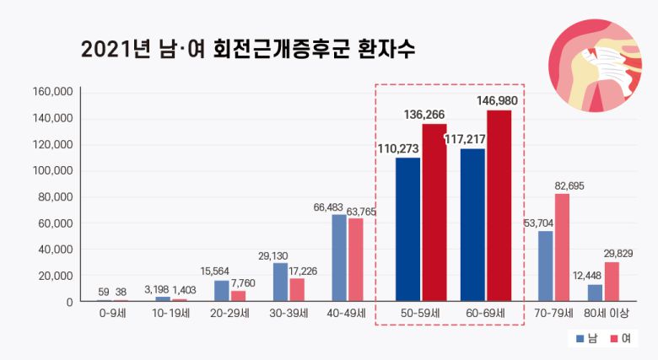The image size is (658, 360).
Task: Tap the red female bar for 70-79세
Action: [562, 248]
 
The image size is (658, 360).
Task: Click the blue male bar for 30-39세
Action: [280, 282]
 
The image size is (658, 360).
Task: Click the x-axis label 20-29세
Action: [229, 314]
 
